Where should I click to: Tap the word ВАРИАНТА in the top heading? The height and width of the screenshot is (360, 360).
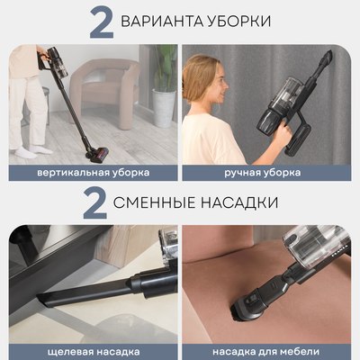click(166, 21)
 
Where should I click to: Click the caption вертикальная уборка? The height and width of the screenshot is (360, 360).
click(93, 172)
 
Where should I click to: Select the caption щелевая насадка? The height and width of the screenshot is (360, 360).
click(93, 349)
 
